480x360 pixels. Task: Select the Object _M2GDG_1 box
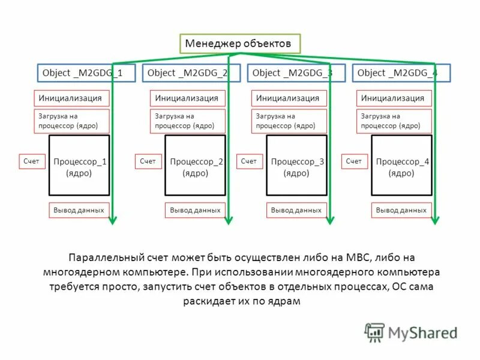[82, 73]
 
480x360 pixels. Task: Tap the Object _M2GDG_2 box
[187, 73]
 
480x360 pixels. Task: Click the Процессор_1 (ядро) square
[79, 166]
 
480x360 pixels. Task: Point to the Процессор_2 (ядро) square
[196, 166]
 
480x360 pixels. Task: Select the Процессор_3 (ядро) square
[296, 166]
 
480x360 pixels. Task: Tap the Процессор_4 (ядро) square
[401, 166]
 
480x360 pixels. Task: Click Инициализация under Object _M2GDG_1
[71, 98]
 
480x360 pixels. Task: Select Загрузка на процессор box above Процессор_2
[187, 121]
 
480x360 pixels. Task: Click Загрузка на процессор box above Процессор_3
[288, 121]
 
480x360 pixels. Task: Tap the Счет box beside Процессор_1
[32, 161]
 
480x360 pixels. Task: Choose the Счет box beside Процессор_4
[354, 161]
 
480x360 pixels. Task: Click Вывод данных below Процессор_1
[79, 210]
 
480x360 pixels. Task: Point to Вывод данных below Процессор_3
[296, 210]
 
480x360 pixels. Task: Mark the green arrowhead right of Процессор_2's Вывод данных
[229, 221]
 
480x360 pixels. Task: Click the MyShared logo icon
[374, 332]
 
